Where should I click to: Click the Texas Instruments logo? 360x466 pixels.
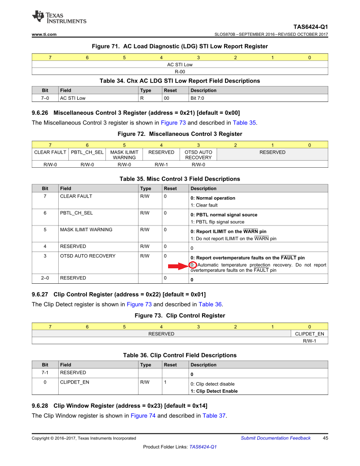[59, 18]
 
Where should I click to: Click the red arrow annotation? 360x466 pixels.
[177, 265]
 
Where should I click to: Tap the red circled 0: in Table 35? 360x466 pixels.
[193, 265]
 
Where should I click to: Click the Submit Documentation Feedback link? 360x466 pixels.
[275, 438]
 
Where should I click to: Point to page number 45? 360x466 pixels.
[326, 438]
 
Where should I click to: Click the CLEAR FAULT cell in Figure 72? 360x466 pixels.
[50, 152]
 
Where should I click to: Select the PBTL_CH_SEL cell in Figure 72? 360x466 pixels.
[87, 152]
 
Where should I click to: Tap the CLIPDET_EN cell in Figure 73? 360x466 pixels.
[309, 334]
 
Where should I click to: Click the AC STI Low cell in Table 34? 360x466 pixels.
[73, 98]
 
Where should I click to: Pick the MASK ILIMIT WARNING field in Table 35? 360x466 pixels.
[86, 229]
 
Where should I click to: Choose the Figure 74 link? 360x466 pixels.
[143, 416]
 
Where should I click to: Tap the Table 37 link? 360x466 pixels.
[214, 416]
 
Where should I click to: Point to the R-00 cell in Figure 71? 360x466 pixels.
[180, 71]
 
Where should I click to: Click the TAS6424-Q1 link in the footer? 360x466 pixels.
[203, 447]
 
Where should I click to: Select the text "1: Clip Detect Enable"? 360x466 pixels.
[214, 391]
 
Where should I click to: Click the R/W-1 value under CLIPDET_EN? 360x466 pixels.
[309, 341]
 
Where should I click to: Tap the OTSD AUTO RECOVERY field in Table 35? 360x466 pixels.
[88, 256]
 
